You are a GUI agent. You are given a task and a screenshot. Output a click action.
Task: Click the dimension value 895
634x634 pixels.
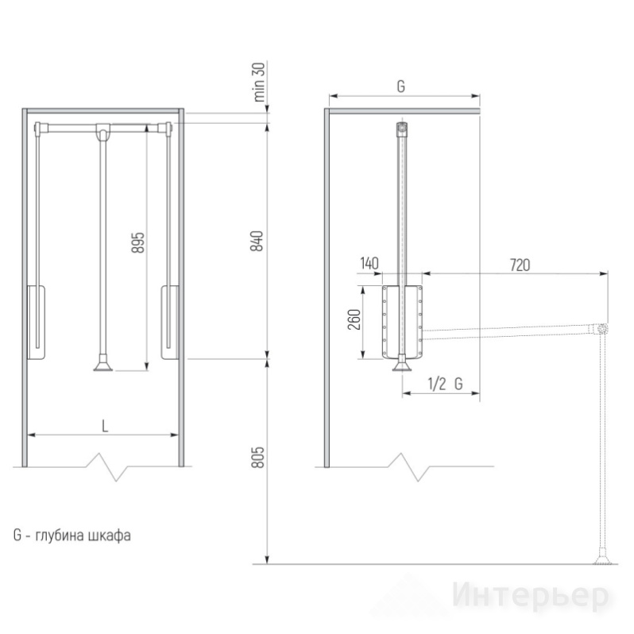click(x=138, y=242)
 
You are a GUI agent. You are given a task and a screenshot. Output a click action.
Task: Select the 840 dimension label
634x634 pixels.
click(x=257, y=241)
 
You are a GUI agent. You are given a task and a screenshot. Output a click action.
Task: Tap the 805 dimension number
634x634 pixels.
click(x=257, y=458)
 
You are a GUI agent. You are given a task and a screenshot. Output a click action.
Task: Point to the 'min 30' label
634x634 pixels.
click(x=259, y=82)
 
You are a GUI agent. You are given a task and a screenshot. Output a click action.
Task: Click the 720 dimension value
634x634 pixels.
click(x=520, y=265)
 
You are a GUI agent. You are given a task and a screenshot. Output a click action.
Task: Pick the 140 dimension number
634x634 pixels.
click(x=369, y=263)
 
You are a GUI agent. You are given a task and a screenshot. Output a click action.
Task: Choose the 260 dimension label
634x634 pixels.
click(x=354, y=319)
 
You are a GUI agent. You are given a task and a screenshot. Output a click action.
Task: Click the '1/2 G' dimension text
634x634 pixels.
click(x=445, y=384)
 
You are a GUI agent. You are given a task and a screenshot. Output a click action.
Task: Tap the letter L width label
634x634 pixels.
click(x=105, y=426)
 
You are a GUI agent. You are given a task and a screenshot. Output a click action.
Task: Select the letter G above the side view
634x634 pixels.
click(x=400, y=87)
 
